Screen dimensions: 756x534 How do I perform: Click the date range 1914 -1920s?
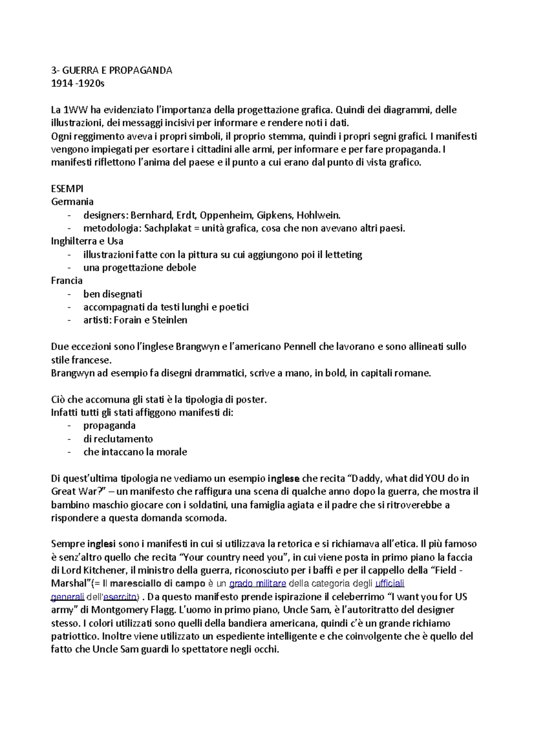click(77, 83)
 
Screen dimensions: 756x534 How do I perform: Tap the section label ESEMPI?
click(67, 188)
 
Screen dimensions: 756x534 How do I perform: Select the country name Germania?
click(72, 202)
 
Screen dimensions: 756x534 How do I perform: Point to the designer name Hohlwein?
click(318, 215)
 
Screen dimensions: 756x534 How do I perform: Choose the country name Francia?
click(67, 280)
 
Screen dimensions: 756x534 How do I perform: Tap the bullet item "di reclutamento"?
click(118, 439)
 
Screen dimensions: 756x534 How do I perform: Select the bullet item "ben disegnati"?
click(113, 294)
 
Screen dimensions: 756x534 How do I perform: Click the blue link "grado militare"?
click(257, 584)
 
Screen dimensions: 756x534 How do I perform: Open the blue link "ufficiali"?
click(390, 584)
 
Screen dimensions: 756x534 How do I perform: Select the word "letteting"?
click(344, 255)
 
